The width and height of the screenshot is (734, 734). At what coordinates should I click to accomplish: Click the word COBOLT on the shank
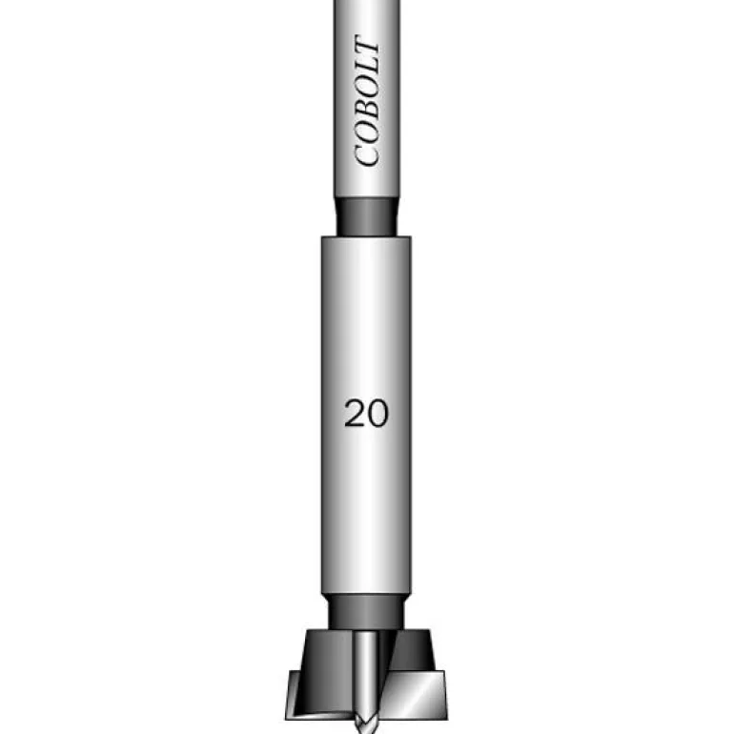pyautogui.click(x=367, y=101)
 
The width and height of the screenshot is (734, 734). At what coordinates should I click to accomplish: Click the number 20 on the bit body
pyautogui.click(x=366, y=414)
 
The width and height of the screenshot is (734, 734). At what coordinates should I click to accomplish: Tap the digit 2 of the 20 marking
pyautogui.click(x=355, y=414)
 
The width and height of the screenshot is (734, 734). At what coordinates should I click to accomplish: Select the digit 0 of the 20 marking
pyautogui.click(x=377, y=414)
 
